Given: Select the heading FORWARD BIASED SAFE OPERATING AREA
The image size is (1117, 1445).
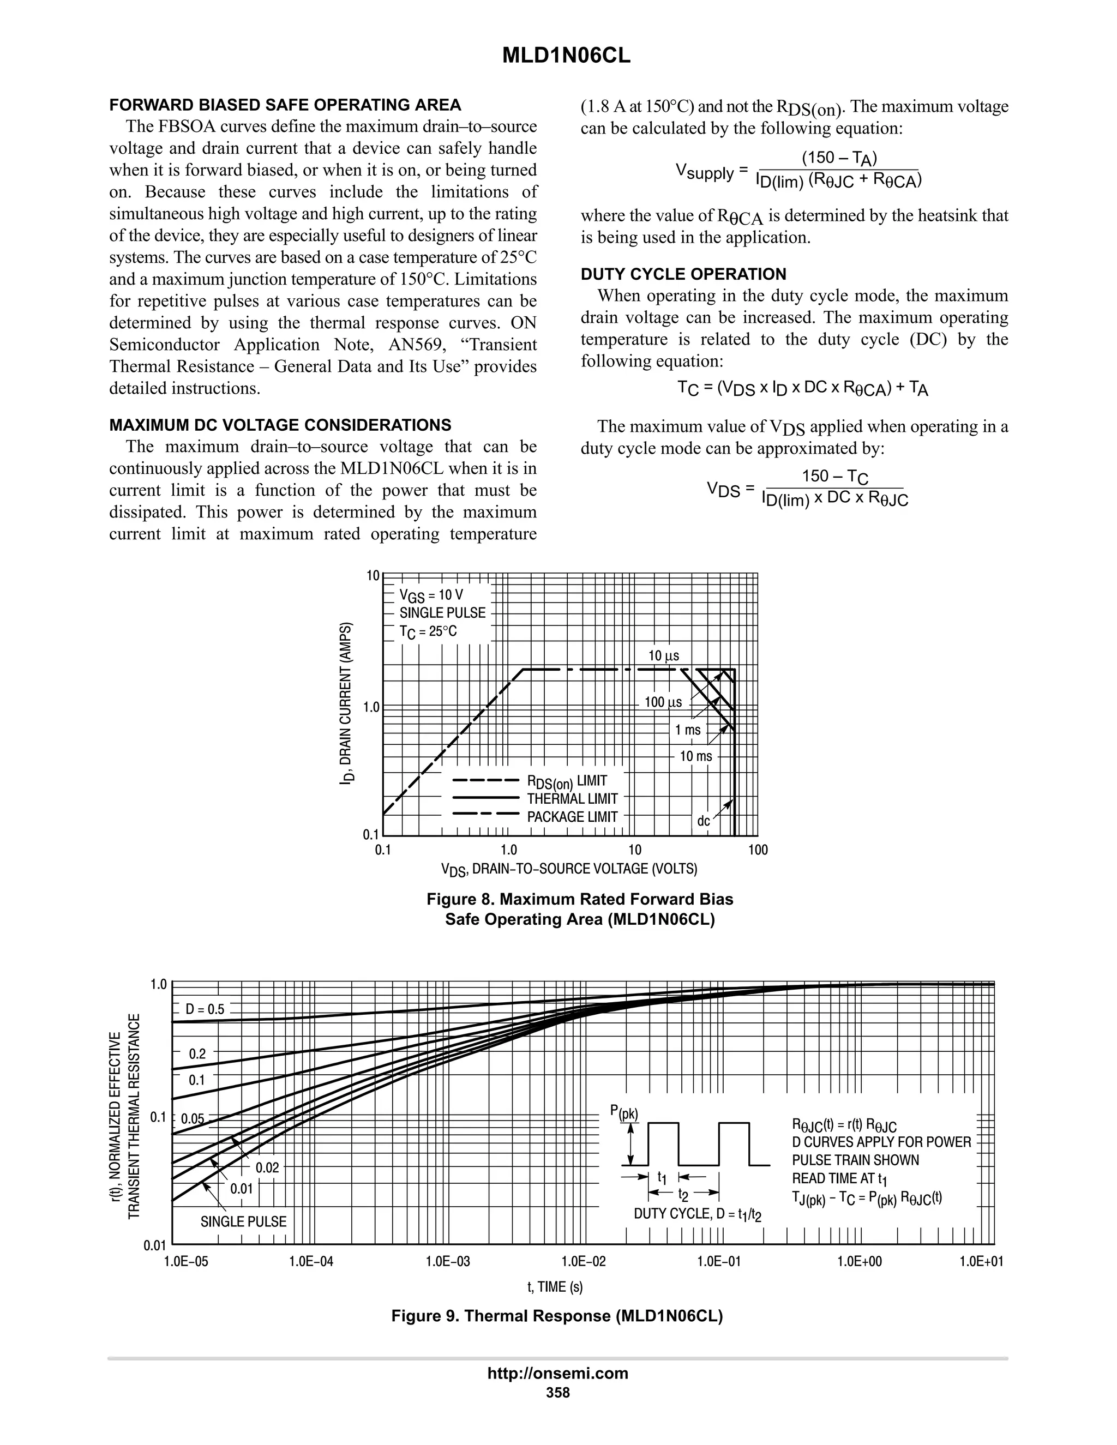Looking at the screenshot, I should (x=285, y=105).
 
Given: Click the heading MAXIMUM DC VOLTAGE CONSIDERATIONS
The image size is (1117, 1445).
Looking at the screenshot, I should (x=280, y=425).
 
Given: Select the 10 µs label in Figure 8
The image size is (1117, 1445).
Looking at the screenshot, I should (x=664, y=655).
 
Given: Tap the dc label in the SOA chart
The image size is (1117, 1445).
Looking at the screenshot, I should (x=704, y=821).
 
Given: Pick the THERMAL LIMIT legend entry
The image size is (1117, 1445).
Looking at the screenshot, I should (x=572, y=799).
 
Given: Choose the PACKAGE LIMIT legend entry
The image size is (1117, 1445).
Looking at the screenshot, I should (x=572, y=817).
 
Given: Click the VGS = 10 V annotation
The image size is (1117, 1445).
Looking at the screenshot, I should (x=431, y=595).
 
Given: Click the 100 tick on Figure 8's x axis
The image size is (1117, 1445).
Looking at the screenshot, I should (x=758, y=850).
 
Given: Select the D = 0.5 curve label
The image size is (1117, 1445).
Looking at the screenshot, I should (x=205, y=1010).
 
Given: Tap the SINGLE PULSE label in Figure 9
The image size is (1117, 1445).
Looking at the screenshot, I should (x=243, y=1221).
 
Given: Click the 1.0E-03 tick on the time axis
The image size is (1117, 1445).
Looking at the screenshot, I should (x=448, y=1262).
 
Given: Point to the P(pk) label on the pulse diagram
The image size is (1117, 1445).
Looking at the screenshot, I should (x=624, y=1113).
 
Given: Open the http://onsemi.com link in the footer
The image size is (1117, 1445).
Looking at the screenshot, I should (x=558, y=1373).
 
